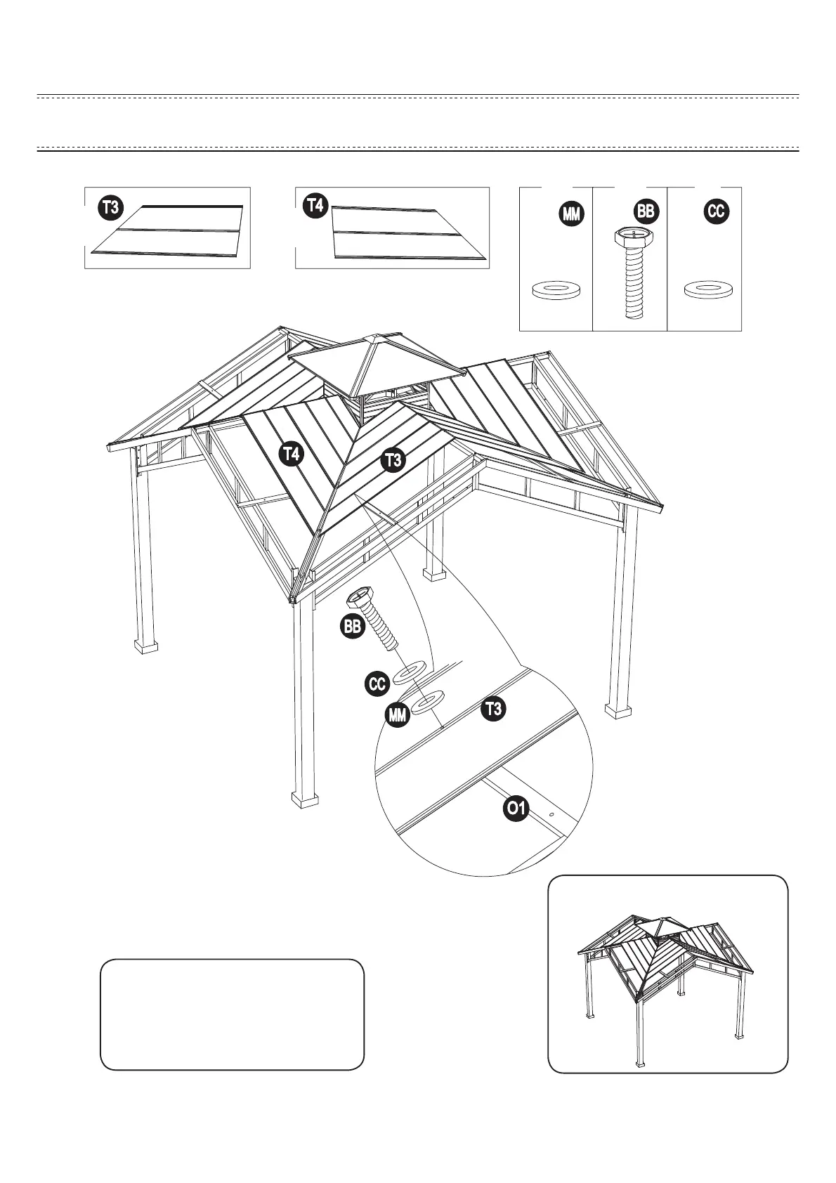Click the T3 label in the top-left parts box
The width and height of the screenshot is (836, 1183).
pos(110,207)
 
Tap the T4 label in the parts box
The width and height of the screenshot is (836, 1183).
pos(315,206)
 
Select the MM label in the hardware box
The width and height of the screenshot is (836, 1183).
pos(571,214)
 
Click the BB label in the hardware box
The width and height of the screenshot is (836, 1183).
pos(645,211)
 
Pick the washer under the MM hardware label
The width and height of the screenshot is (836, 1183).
pos(555,289)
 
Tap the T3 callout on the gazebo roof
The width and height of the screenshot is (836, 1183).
pos(393,461)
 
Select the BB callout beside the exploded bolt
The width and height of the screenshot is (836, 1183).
pos(353,627)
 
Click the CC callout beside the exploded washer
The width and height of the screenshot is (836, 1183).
pos(377,684)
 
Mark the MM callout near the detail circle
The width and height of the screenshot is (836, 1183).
pos(398,715)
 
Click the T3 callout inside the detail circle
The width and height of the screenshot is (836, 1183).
pos(493,710)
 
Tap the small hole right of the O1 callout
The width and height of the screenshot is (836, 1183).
pos(551,815)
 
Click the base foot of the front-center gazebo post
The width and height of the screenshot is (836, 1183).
pos(304,799)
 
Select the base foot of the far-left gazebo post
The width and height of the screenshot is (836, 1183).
pos(145,645)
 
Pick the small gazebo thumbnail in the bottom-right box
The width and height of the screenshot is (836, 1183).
pos(667,983)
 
